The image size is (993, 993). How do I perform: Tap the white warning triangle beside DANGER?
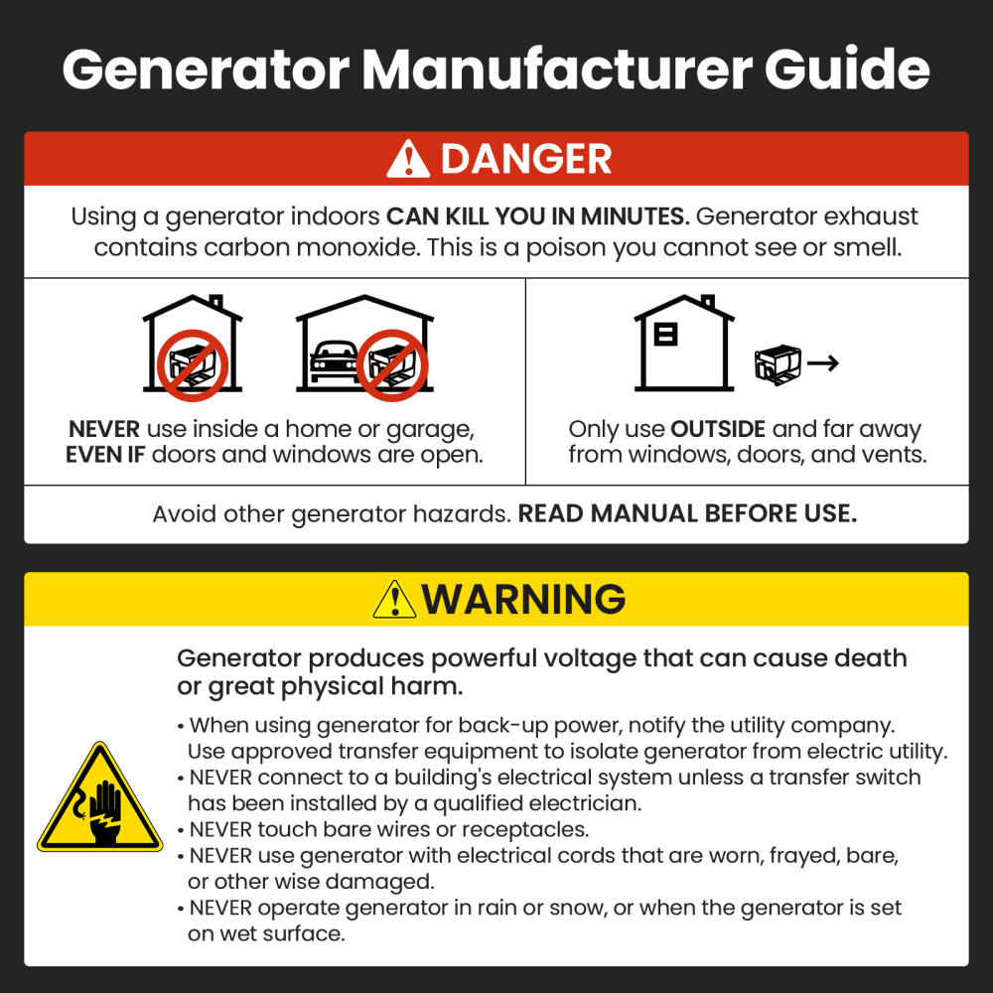click(x=408, y=160)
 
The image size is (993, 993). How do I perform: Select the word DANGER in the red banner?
click(x=526, y=160)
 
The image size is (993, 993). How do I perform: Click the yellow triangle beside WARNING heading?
click(x=394, y=600)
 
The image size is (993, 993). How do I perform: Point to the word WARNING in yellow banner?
click(x=523, y=600)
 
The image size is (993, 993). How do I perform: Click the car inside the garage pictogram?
click(x=333, y=363)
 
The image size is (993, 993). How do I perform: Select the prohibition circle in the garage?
click(x=392, y=364)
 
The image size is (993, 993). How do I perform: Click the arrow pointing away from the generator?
click(x=822, y=363)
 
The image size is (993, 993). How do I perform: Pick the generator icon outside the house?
click(x=778, y=364)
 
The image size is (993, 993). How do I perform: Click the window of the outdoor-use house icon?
click(x=666, y=335)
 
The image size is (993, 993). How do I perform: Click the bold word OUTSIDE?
click(x=718, y=430)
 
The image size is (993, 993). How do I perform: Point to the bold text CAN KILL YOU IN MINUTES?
click(x=537, y=217)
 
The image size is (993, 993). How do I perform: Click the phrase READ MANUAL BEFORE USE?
click(x=687, y=514)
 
